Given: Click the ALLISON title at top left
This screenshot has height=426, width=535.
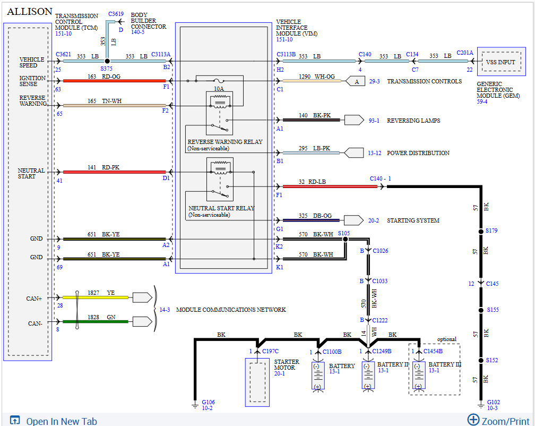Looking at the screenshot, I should pos(30,11).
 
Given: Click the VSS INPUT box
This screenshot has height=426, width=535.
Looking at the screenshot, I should pos(500,62).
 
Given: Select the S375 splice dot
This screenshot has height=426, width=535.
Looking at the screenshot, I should pos(107,62).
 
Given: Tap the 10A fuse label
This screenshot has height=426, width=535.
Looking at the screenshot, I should pos(219,88).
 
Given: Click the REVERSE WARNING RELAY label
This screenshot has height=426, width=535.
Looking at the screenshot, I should pos(225,142).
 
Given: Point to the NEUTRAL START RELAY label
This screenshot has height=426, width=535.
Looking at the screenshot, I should pos(221,208).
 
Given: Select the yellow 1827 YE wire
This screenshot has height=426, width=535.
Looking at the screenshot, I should pos(96,297).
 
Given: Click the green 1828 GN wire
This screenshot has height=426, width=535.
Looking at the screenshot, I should pos(96,321).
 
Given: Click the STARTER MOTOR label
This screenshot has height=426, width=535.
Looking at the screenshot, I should pos(287,365).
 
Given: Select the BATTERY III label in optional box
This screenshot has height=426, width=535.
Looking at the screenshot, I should pos(445,364).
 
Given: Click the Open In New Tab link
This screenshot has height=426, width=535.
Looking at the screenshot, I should pos(62,421).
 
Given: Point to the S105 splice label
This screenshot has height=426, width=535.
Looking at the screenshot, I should pos(343,233).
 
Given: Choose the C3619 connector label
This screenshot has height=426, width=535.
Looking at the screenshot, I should pos(116,14).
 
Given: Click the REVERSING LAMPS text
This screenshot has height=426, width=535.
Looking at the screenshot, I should pos(413,121).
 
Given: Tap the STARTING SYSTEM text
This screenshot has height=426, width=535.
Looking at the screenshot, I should pos(413,220).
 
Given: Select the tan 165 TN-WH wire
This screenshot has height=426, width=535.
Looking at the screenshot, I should pos(114,105).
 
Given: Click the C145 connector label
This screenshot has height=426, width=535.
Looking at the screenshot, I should pos(493,284).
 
